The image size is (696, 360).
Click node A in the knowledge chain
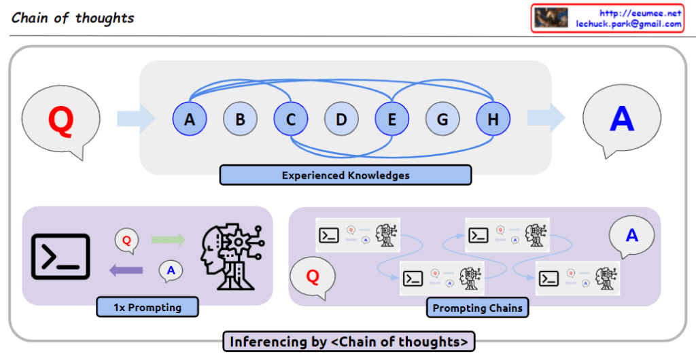coord(190,120)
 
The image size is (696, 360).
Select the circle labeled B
coord(240,120)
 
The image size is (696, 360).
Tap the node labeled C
coord(291,120)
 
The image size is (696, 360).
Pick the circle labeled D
coord(341,120)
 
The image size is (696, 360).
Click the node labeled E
coord(392,120)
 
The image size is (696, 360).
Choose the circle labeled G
coord(442,120)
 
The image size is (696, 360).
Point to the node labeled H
coord(493,120)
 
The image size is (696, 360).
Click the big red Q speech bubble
coord(60,121)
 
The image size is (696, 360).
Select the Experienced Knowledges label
coord(345,175)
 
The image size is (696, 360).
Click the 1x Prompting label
coord(147,307)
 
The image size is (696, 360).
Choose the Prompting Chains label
coord(478,308)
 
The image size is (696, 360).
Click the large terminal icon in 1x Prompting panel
coord(61,256)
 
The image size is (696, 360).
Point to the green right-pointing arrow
coord(168,239)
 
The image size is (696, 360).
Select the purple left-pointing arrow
coord(126,270)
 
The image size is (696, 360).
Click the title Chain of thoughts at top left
coord(73,18)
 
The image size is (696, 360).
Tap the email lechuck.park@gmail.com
coord(628,24)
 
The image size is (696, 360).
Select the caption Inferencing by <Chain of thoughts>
coord(348,342)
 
